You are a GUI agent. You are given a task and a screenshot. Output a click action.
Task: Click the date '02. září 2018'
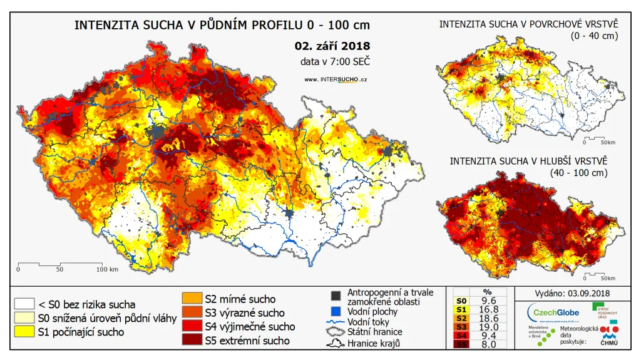pyautogui.click(x=332, y=46)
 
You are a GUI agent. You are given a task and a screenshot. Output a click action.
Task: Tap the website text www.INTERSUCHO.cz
pyautogui.click(x=335, y=80)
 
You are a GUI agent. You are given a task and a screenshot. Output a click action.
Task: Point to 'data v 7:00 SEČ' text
pyautogui.click(x=335, y=61)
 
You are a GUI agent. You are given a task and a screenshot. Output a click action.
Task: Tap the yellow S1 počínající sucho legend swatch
pyautogui.click(x=24, y=332)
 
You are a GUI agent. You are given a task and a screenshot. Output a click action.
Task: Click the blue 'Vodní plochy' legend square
pyautogui.click(x=336, y=311)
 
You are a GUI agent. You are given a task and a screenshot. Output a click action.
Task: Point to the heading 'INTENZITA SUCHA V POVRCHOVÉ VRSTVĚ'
pyautogui.click(x=529, y=24)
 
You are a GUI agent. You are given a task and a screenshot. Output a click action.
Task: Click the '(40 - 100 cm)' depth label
pyautogui.click(x=579, y=172)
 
